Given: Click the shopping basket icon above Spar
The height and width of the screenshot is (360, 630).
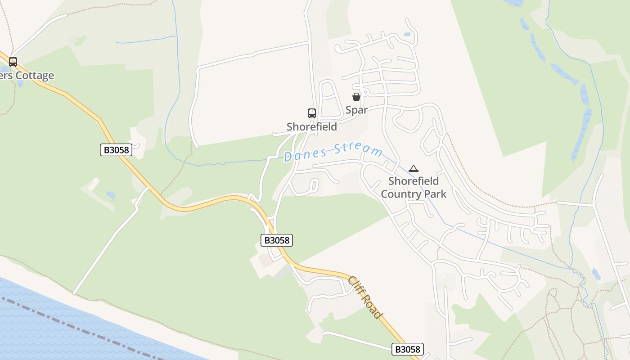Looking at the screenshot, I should coord(356,97).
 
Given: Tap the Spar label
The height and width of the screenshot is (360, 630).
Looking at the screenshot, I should coord(356,110).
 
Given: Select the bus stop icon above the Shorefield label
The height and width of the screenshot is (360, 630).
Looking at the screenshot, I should coord(311,113).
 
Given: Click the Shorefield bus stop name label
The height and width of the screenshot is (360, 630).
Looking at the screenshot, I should coord(311,127).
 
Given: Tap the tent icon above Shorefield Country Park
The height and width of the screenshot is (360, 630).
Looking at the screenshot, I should coord(414,169).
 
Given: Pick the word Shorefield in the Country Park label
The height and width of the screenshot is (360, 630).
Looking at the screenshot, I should coord(414,181).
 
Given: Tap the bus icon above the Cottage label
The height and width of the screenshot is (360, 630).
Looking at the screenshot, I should coord(13,62).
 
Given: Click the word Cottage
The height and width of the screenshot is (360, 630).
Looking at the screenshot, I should coord(35,76).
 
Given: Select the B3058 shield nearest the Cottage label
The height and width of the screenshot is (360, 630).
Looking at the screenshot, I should coord(116,150).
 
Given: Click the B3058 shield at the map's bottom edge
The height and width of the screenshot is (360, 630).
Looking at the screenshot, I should coord(407,349).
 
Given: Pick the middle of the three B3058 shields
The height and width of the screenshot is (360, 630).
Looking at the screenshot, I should coord(277,240).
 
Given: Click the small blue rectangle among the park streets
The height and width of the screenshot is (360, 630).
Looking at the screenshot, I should coord(407,34).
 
